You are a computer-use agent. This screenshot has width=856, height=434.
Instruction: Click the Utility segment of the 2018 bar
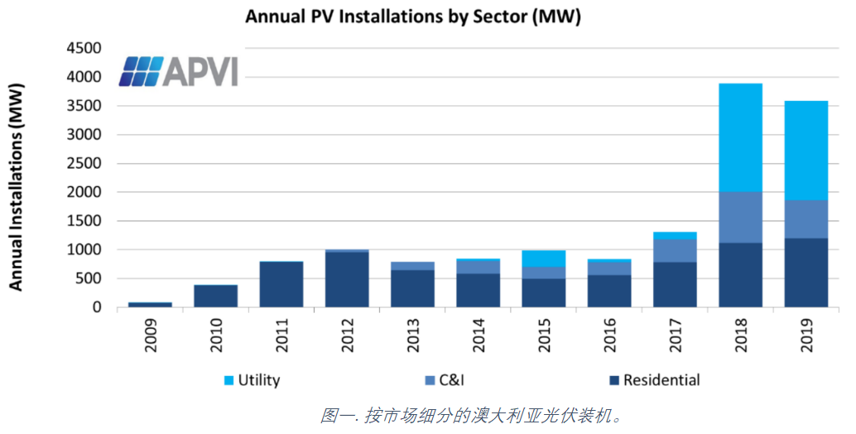click(740, 137)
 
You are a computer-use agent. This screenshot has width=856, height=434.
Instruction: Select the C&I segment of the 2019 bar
click(806, 219)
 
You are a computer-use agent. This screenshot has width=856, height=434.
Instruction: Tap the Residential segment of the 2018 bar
click(740, 275)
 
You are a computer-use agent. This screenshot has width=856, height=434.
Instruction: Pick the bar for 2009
click(150, 305)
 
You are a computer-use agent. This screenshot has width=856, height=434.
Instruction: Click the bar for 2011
click(281, 284)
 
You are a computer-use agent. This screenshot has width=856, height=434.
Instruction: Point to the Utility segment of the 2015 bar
click(543, 258)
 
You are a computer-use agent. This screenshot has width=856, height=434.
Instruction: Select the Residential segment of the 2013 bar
click(412, 289)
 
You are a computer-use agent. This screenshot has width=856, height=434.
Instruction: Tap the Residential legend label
click(661, 381)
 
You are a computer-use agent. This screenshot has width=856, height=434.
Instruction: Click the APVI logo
click(177, 71)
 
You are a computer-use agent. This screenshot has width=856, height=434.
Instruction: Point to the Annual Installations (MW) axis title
click(17, 186)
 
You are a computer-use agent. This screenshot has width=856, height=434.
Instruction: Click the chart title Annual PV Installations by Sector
click(413, 17)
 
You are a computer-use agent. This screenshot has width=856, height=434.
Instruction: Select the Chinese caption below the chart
click(471, 415)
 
